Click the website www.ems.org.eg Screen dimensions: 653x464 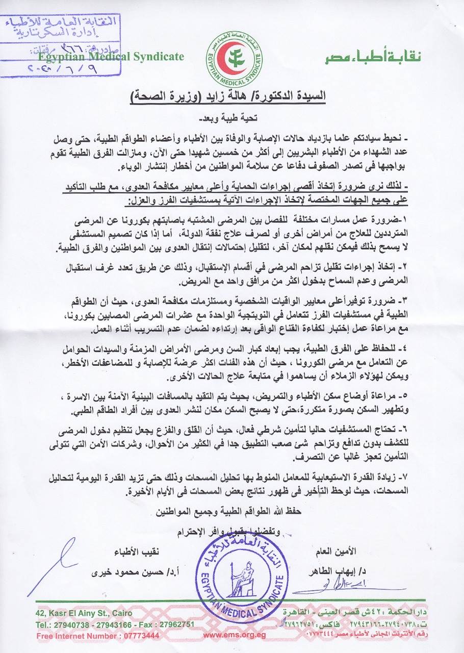[235, 636]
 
